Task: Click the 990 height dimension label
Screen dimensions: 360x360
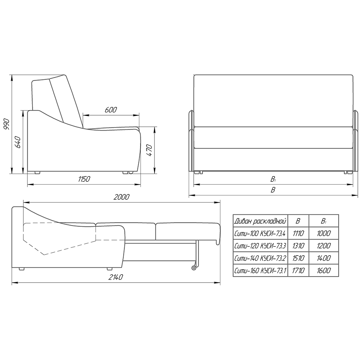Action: (6, 124)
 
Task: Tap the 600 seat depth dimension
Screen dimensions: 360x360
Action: (111, 110)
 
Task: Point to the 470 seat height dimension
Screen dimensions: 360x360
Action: (149, 150)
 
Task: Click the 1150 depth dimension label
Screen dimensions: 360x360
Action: (84, 179)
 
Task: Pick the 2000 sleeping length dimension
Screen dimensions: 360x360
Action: (121, 197)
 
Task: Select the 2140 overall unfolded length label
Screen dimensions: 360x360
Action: (116, 277)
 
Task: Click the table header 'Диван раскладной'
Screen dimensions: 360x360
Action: (260, 221)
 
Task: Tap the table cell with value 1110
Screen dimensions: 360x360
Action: (298, 234)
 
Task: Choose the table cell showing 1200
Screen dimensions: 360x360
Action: (324, 246)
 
